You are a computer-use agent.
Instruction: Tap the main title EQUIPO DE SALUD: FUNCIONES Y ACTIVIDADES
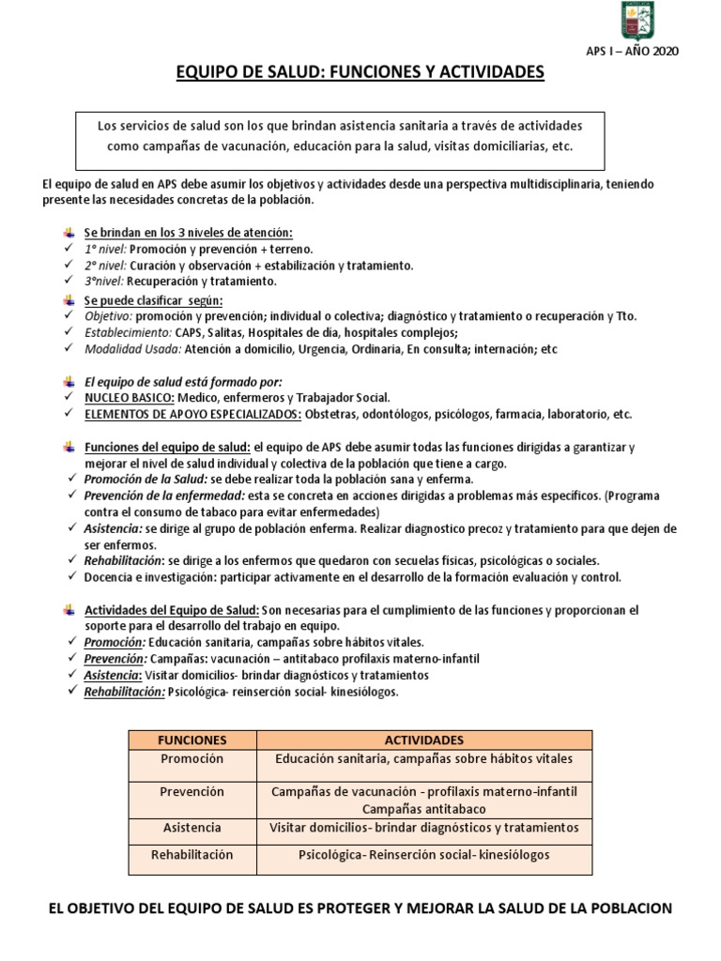[360, 72]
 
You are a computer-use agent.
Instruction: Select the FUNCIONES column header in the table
[192, 740]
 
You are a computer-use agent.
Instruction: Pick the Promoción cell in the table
[192, 758]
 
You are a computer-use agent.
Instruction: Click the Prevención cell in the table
[192, 793]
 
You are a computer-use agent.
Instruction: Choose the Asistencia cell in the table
[192, 828]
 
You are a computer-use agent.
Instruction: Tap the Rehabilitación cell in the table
[192, 856]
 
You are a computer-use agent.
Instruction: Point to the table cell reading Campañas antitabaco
[423, 808]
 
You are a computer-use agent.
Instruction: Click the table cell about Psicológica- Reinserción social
[423, 856]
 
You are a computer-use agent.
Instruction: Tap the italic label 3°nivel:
[105, 282]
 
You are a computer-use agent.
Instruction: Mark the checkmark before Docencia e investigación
[73, 577]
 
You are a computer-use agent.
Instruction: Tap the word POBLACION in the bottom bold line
[627, 908]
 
